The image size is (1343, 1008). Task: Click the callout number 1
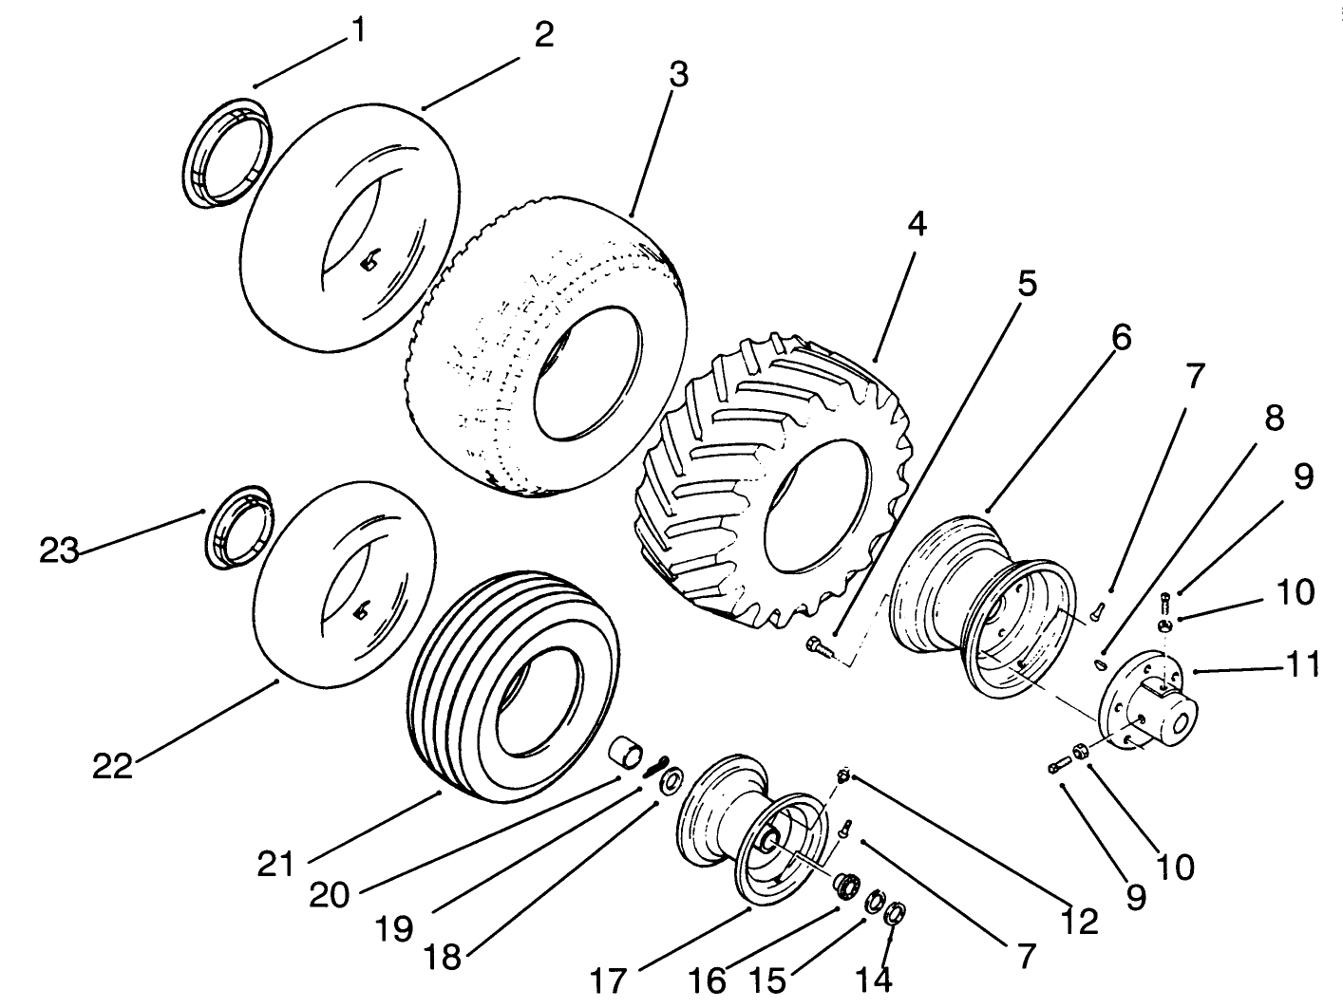point(357,30)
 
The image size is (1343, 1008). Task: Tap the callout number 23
point(59,550)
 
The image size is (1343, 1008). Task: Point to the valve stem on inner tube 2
point(369,259)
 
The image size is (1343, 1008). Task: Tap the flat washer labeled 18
point(671,781)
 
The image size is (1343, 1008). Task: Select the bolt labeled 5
point(816,649)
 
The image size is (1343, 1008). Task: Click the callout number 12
point(1079,920)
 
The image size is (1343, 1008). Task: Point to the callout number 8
point(1273,419)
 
